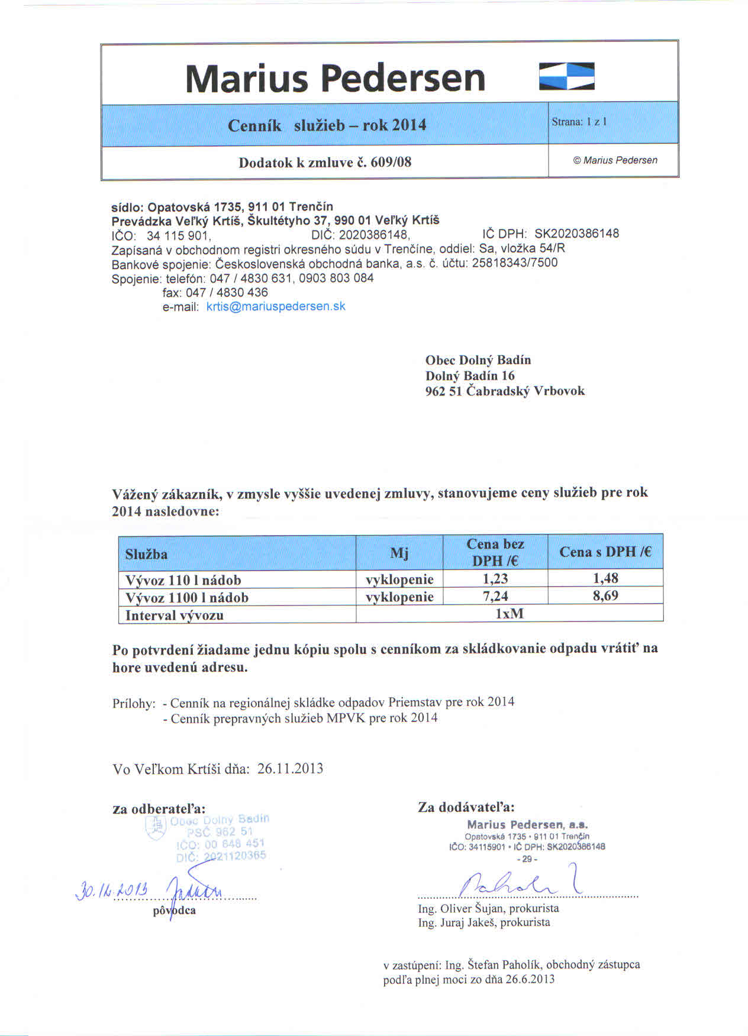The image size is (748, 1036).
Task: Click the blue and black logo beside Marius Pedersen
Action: click(x=567, y=76)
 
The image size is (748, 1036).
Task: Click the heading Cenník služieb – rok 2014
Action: click(x=327, y=125)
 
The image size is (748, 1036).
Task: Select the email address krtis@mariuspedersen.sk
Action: click(x=276, y=306)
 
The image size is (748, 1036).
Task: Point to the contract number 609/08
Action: click(x=391, y=162)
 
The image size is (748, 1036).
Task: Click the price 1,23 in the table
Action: click(x=495, y=578)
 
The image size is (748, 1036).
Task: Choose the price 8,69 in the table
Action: click(x=605, y=595)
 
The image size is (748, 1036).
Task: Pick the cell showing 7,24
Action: click(x=495, y=596)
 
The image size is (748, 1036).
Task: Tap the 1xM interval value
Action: click(x=509, y=614)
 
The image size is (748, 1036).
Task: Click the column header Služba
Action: click(x=146, y=554)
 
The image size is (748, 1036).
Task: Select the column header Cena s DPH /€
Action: click(x=605, y=552)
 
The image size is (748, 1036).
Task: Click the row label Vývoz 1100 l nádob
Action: click(x=187, y=597)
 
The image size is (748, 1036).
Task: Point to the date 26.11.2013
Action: click(x=291, y=768)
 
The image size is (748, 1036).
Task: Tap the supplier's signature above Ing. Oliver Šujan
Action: click(x=521, y=881)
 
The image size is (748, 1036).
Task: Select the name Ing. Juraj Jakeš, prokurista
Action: click(x=483, y=922)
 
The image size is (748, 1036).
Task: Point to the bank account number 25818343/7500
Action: click(x=515, y=263)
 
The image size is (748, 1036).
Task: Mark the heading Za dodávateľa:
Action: click(x=466, y=807)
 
